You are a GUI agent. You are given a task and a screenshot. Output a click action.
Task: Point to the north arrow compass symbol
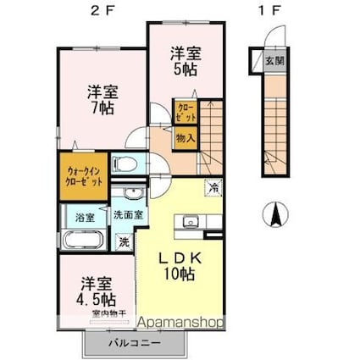(x=275, y=215)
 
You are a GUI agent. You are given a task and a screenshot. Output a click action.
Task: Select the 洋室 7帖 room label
(x=100, y=101)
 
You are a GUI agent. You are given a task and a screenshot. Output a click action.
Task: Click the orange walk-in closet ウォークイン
(x=83, y=175)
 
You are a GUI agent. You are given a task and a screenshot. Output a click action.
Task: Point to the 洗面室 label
(x=128, y=215)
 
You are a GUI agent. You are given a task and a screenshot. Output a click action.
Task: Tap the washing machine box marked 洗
(x=124, y=241)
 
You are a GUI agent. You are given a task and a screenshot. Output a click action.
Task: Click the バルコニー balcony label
(x=132, y=343)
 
